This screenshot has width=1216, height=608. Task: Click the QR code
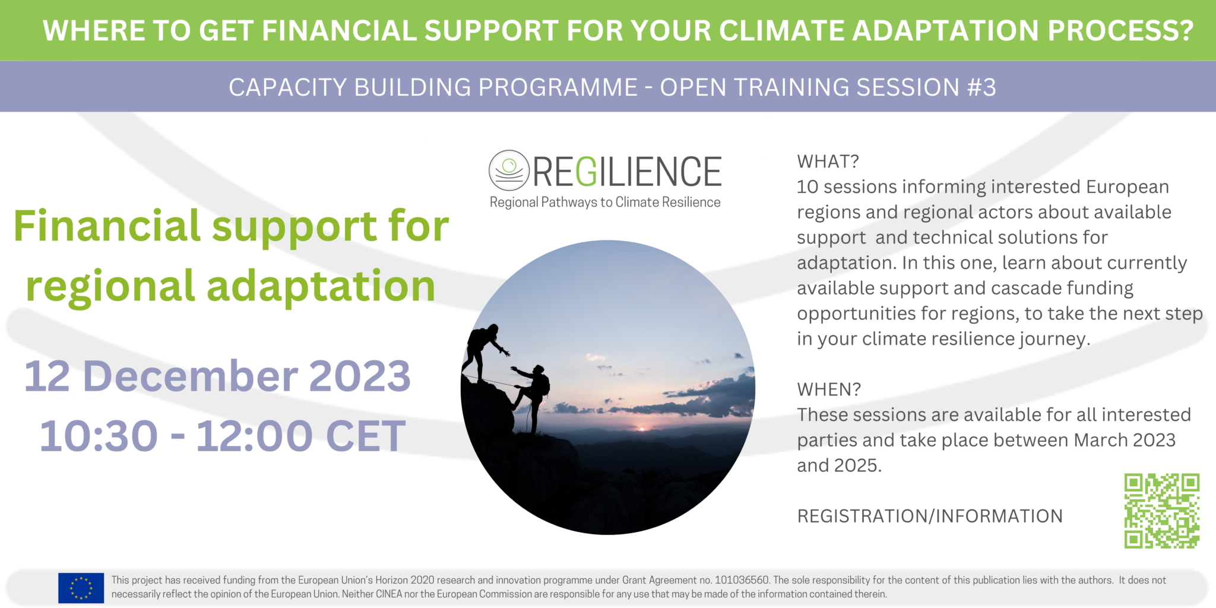point(1161,511)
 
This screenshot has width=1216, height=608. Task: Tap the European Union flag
point(81,588)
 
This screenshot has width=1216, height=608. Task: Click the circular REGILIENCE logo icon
point(509,170)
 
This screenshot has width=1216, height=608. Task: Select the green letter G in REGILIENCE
point(586,172)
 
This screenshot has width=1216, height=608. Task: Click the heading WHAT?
point(828,161)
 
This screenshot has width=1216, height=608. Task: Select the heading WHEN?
point(828,389)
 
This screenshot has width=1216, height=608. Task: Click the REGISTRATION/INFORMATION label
point(930,516)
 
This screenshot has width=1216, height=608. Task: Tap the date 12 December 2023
point(217,376)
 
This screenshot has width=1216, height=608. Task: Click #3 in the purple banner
point(981,87)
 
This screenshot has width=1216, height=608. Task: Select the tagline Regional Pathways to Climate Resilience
point(604,202)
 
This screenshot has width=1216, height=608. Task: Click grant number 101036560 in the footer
point(742,580)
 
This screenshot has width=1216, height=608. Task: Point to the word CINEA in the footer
point(389,594)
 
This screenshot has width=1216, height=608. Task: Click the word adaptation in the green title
point(321,287)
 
